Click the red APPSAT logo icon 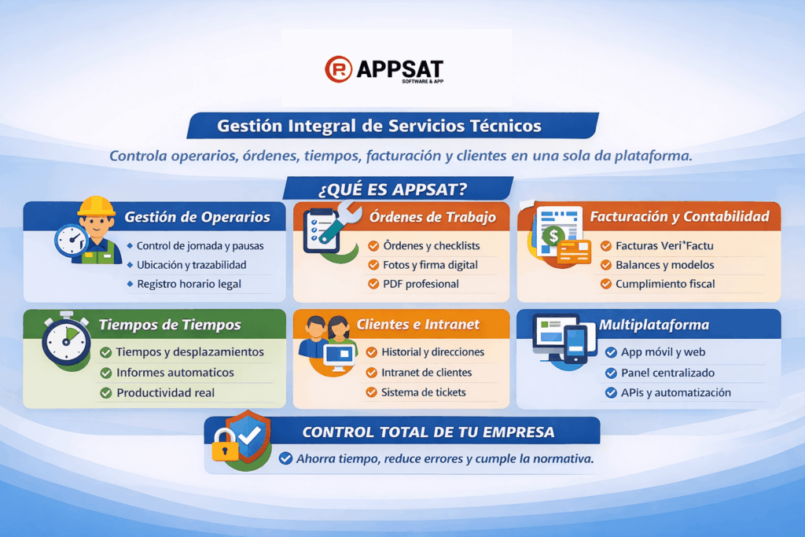[x=338, y=69]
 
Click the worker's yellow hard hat [x=96, y=206]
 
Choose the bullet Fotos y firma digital [x=429, y=265]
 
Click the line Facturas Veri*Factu [x=664, y=245]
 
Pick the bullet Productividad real [x=165, y=392]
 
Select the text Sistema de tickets [x=423, y=392]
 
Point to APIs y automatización [x=676, y=392]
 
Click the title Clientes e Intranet [x=417, y=324]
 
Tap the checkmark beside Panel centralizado [x=610, y=373]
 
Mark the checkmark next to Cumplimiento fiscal [x=606, y=284]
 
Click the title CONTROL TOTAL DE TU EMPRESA [x=428, y=432]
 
